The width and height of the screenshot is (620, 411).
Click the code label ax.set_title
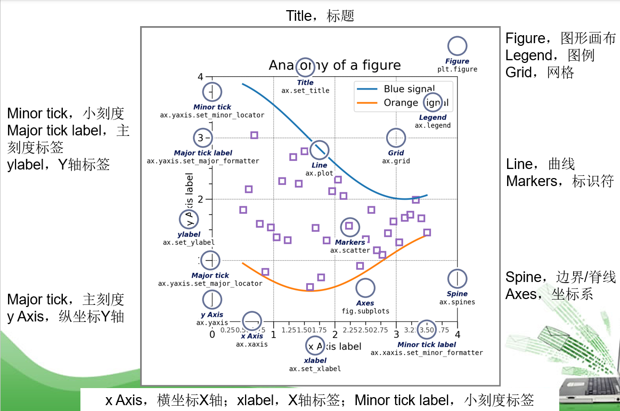tap(305, 91)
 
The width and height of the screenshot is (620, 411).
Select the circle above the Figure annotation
tap(457, 47)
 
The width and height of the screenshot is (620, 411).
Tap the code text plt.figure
tap(457, 69)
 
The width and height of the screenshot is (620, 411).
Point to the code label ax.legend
tap(433, 126)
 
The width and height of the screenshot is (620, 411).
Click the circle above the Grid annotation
tap(396, 138)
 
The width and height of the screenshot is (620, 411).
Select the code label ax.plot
tap(319, 173)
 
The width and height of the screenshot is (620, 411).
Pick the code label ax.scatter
tap(350, 251)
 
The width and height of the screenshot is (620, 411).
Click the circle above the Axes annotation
tap(365, 288)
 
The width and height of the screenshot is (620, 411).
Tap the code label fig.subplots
tap(365, 311)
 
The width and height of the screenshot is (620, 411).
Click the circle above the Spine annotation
tap(457, 279)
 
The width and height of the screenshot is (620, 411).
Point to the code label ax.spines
tap(457, 302)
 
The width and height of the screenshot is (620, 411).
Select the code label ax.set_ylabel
tap(189, 243)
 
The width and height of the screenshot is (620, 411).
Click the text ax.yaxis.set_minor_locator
tap(212, 115)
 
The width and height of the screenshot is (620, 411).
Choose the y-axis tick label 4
tap(200, 77)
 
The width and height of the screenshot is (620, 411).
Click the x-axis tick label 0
tap(212, 335)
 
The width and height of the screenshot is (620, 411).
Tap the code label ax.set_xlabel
tap(315, 369)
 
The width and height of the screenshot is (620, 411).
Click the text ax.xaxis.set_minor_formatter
tap(427, 353)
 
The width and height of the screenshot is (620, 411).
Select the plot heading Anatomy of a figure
tap(335, 66)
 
